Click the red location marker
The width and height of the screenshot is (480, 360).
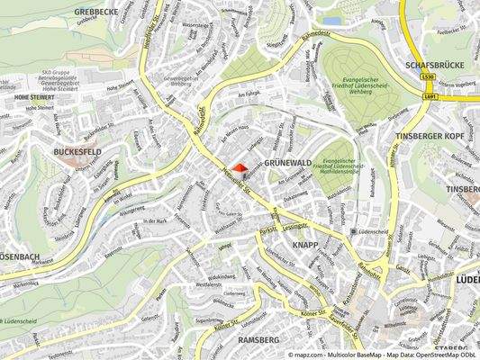239,168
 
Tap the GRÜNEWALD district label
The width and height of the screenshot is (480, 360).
287,163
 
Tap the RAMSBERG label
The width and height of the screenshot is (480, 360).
258,339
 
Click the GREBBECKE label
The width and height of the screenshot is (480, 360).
95,12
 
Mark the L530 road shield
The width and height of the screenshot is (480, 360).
429,77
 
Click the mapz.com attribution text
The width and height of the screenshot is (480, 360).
312,355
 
